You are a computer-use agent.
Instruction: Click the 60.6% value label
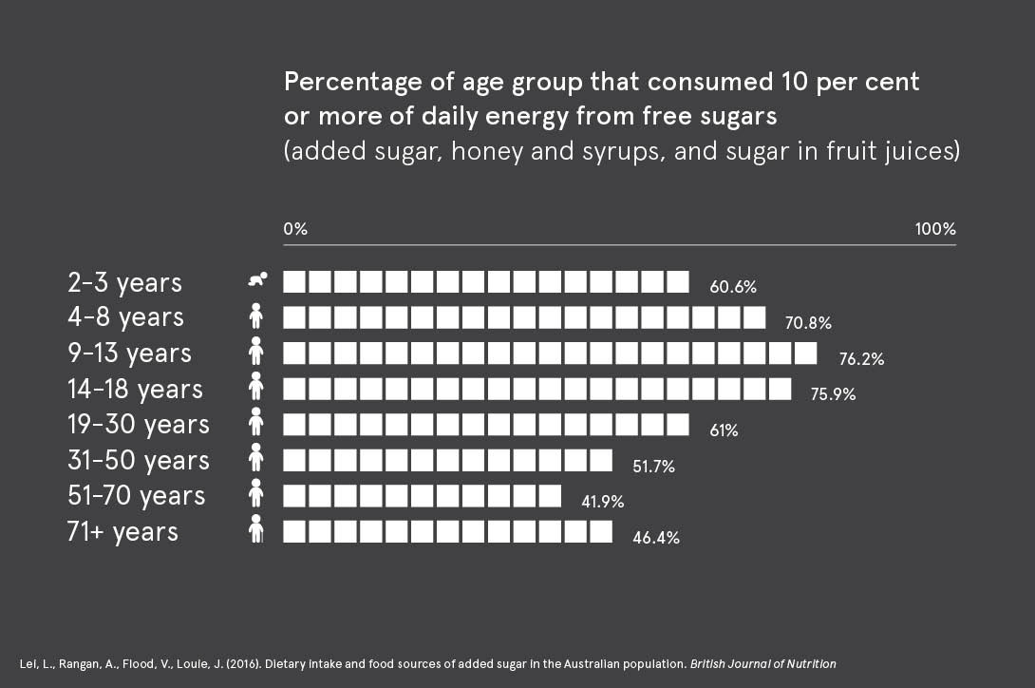coord(732,287)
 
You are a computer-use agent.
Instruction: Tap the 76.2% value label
coord(861,359)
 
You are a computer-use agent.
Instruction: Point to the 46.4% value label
coord(655,538)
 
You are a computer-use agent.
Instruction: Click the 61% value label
coord(724,430)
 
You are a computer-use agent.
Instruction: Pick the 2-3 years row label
coord(124,282)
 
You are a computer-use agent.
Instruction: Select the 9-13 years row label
coord(129,354)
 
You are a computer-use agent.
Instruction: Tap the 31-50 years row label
coord(138,460)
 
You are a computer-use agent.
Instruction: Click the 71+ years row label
coord(122,531)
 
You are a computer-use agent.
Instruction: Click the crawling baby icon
coord(257,279)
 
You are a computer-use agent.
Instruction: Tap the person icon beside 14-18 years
coord(254,386)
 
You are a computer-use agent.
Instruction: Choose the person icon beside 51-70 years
coord(254,493)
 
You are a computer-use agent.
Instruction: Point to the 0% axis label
coord(295,230)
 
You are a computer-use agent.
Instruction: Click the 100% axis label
coord(934,230)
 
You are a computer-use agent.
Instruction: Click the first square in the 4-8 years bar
coord(294,317)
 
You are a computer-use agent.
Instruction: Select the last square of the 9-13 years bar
coord(805,353)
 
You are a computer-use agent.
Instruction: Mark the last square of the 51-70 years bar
coord(551,495)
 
